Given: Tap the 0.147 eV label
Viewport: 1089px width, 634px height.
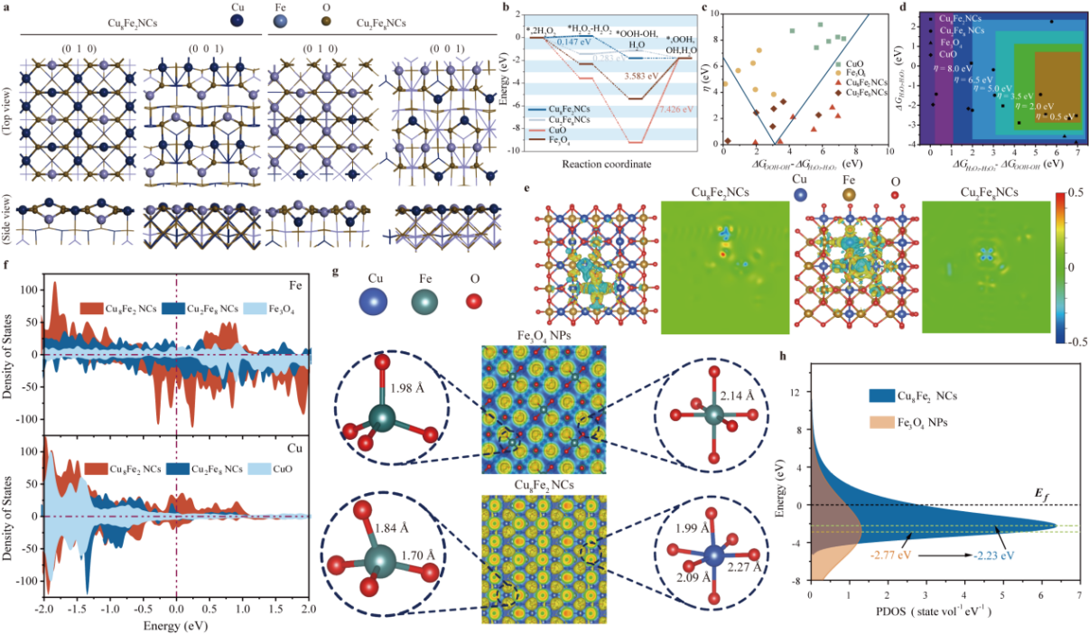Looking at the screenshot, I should (574, 42).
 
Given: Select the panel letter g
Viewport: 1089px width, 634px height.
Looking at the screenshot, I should (337, 272).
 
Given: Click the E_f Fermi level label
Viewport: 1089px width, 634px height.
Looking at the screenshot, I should (1038, 492).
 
